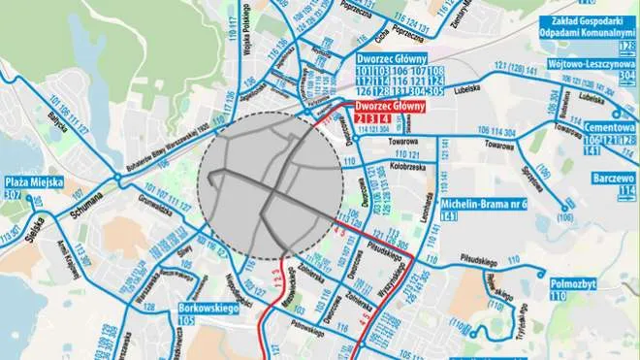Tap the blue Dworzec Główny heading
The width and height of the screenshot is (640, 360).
[392, 57]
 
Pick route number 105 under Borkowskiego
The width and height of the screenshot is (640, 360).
[188, 320]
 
